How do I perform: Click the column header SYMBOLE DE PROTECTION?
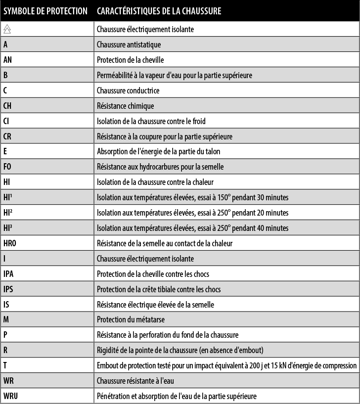45,11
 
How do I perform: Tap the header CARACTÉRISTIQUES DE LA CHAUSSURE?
159,11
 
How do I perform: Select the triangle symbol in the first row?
7,29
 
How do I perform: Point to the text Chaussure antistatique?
129,45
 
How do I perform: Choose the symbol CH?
7,106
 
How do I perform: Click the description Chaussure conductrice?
128,90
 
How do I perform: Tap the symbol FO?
7,167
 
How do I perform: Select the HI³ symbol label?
7,228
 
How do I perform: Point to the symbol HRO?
10,243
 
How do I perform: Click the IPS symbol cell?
8,289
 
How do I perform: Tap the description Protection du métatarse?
130,320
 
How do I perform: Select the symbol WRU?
11,396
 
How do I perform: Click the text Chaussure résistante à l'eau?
135,381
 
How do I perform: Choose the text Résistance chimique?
125,106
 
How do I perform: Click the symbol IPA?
8,274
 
